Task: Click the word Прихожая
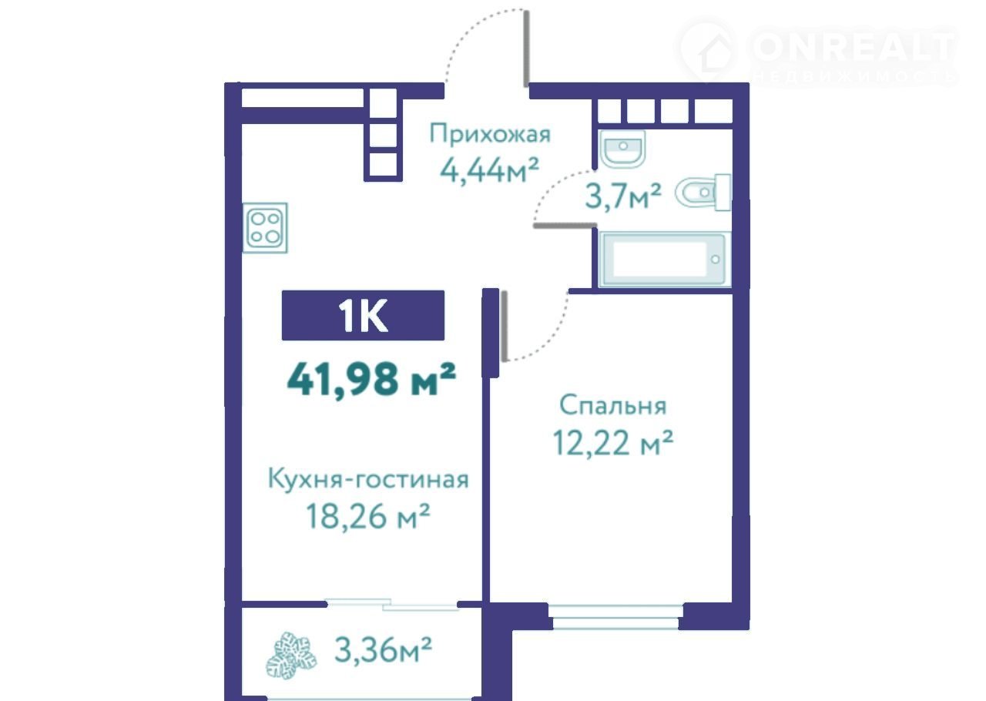point(490,134)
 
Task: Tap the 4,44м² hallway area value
point(489,170)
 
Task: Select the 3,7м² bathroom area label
point(623,197)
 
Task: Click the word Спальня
point(612,406)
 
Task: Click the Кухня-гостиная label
point(368,479)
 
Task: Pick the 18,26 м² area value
point(368,516)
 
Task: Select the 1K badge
point(363,315)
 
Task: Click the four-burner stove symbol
point(266,228)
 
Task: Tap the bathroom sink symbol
point(622,149)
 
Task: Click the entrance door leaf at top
point(526,49)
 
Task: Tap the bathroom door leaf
point(565,226)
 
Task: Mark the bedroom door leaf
point(505,326)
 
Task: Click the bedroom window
point(615,616)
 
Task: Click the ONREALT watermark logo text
point(853,47)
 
